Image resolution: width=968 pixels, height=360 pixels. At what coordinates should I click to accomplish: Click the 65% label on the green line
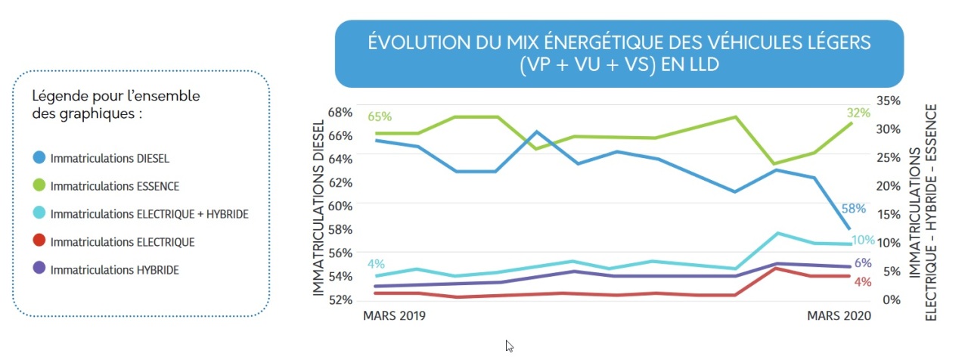[x=380, y=116]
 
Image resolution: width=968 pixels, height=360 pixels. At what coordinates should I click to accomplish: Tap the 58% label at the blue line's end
[x=854, y=209]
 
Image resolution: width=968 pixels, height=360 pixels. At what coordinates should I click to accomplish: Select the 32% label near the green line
[x=858, y=113]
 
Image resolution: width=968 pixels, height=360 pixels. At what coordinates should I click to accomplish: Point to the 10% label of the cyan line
[x=863, y=241]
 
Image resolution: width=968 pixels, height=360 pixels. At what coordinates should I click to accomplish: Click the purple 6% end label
[x=863, y=263]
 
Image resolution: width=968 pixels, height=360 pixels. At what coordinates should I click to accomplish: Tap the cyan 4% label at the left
[x=376, y=264]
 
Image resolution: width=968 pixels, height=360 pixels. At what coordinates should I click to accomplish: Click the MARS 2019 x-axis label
[x=395, y=316]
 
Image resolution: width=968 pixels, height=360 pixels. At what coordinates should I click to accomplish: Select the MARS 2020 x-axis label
[x=840, y=316]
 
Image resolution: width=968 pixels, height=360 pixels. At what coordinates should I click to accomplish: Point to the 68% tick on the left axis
[x=340, y=112]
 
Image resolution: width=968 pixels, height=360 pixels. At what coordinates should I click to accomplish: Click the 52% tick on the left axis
[x=340, y=299]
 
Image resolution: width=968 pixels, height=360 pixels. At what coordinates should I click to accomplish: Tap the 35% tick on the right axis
[x=888, y=101]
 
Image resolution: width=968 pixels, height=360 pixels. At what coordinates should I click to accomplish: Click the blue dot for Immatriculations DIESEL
[x=40, y=158]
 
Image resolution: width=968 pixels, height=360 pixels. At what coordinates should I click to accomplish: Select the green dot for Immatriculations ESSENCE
[x=40, y=185]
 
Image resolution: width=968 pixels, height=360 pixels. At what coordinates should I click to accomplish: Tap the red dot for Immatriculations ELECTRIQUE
[x=40, y=241]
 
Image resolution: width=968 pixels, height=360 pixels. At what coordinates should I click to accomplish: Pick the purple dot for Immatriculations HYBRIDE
[x=40, y=268]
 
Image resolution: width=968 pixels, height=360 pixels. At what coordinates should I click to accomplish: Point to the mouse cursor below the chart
[x=509, y=346]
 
